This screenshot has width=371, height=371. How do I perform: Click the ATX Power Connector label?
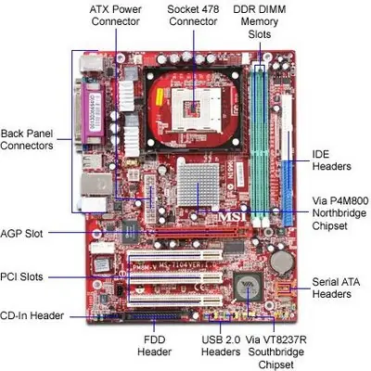click(115, 16)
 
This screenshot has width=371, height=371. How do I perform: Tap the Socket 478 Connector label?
click(193, 16)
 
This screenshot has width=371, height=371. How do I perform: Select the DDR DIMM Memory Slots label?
click(260, 21)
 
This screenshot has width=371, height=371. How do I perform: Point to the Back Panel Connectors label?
click(27, 139)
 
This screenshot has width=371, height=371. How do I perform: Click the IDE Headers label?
click(331, 160)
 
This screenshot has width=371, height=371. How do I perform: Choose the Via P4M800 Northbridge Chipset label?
click(340, 213)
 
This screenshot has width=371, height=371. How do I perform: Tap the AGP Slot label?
click(21, 234)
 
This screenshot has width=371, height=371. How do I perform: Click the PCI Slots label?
click(21, 276)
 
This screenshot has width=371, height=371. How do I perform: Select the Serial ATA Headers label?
click(336, 288)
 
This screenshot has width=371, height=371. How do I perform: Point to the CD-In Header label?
click(32, 315)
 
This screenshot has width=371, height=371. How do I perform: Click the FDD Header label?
click(154, 346)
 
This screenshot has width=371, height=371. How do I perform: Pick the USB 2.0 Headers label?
click(221, 346)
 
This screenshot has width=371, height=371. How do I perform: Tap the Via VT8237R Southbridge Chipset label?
click(275, 352)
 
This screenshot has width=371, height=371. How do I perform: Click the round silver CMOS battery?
click(282, 262)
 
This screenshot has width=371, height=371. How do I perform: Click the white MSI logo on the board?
click(233, 216)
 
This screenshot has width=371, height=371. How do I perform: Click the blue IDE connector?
click(288, 193)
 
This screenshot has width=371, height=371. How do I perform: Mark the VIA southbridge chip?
click(249, 287)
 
